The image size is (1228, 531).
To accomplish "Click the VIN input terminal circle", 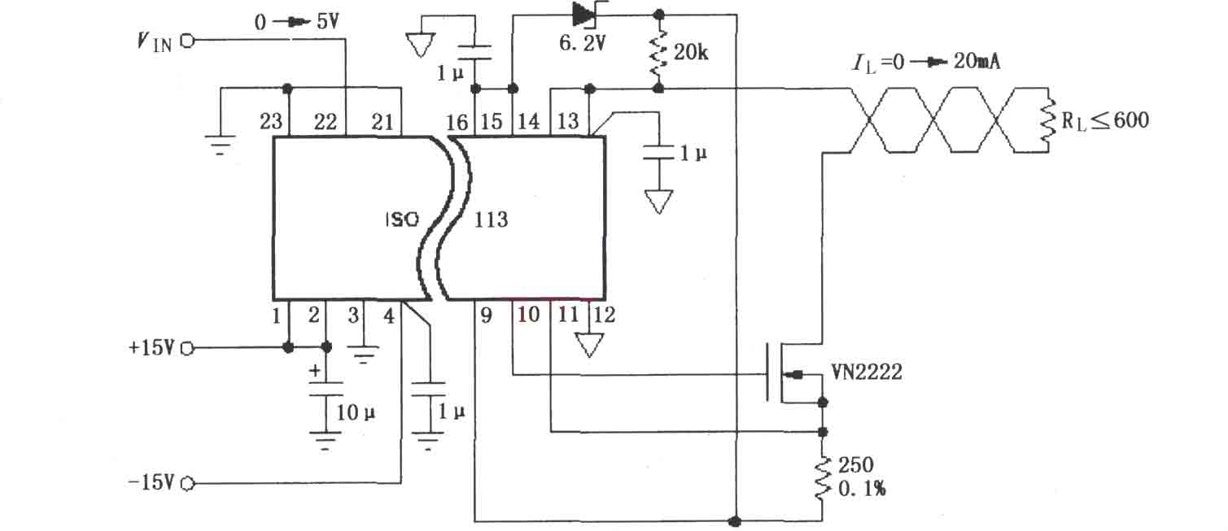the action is coord(187,41).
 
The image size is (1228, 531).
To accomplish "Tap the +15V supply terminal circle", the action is coord(187,349).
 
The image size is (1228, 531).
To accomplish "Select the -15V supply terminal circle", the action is coord(187,483).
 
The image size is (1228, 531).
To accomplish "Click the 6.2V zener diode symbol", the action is coord(583,15).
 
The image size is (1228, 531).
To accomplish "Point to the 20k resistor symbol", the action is coord(658,53).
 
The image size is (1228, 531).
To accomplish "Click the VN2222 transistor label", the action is coord(866,372).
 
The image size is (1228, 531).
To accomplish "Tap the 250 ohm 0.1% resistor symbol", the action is coord(822,478).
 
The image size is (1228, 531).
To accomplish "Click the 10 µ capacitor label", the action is coord(356,412).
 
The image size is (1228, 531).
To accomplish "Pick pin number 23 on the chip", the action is coord(271,121).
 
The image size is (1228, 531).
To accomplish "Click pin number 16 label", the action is coord(457,122).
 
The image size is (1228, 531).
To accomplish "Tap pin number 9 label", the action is coord(487,315).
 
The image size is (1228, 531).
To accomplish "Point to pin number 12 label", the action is coord(604,315).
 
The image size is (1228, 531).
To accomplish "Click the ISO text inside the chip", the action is coord(402,220).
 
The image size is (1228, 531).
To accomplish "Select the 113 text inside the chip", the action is coord(492,220).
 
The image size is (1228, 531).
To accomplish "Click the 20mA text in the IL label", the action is coord(977,61).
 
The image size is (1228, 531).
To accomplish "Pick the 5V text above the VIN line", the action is coord(328,22).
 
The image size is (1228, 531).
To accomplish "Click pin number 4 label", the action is coord(389,316).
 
